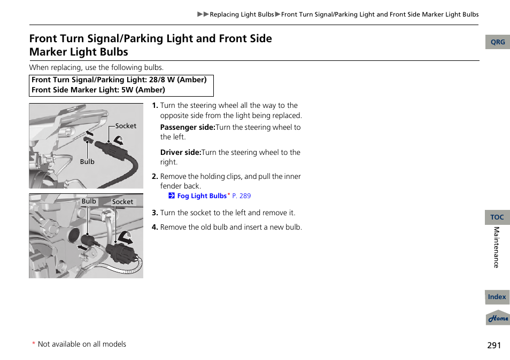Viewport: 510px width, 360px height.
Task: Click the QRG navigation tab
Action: click(x=497, y=42)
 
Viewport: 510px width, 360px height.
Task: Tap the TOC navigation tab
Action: click(x=497, y=217)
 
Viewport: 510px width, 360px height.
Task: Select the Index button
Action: click(x=497, y=297)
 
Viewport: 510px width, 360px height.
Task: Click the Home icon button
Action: click(x=498, y=318)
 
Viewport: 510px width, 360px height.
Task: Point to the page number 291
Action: click(x=494, y=346)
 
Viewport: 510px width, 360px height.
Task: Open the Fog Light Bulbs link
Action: click(x=202, y=196)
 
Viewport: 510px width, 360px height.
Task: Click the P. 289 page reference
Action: click(x=241, y=196)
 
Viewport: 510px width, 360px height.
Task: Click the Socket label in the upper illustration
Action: click(x=126, y=126)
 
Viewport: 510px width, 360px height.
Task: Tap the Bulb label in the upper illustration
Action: click(x=87, y=162)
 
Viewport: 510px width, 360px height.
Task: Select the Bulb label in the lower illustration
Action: click(x=89, y=201)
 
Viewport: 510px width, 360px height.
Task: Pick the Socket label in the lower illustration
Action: click(x=122, y=202)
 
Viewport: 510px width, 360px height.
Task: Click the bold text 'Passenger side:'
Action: click(x=187, y=128)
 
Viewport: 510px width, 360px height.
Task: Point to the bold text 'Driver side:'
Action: click(x=181, y=152)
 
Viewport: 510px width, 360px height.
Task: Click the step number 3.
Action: click(x=154, y=213)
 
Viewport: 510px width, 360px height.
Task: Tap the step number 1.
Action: click(x=154, y=106)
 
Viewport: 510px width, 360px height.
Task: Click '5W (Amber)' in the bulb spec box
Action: click(x=143, y=90)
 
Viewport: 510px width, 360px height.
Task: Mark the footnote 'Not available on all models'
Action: click(x=82, y=345)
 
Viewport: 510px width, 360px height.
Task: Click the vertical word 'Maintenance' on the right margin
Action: click(x=496, y=247)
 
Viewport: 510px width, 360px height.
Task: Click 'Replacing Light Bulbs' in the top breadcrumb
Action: click(x=242, y=14)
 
